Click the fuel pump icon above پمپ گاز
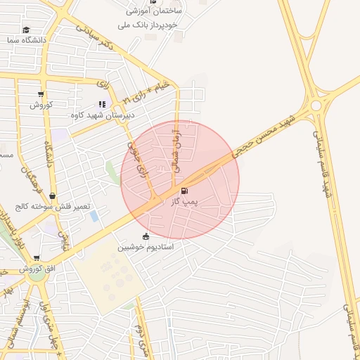click(185, 191)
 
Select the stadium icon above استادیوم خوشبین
click(146, 236)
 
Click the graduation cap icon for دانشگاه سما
click(27, 30)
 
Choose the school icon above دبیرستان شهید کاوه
click(103, 104)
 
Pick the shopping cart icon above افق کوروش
click(37, 258)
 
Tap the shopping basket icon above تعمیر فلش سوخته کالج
click(52, 197)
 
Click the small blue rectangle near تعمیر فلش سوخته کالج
click(94, 216)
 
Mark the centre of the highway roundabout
click(316, 105)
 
